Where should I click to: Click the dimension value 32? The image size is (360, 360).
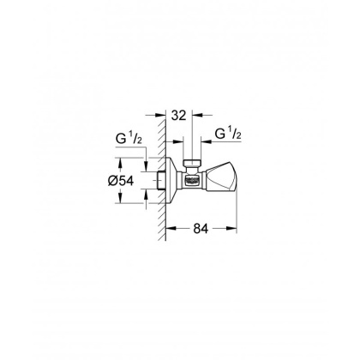178,115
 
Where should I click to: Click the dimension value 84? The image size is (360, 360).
201,228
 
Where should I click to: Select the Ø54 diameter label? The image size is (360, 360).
121,181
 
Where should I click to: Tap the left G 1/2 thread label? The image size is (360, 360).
129,139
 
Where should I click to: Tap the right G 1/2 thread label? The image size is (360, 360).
228,134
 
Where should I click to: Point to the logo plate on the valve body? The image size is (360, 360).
192,181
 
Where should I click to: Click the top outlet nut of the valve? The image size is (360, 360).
192,164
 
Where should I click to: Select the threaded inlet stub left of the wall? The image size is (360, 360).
161,181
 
